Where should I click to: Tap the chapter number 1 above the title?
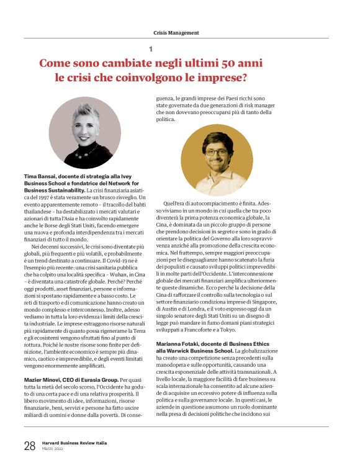point(150,49)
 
